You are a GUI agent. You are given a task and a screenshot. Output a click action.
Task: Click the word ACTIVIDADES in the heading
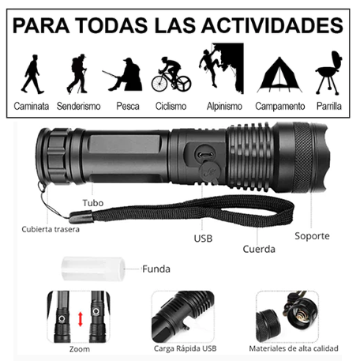(x=272, y=25)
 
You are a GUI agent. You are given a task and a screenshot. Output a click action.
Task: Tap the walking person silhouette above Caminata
(x=32, y=74)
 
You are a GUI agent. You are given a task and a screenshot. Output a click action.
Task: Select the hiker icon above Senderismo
(x=77, y=74)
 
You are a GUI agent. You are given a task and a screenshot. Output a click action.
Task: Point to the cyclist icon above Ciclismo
(x=171, y=74)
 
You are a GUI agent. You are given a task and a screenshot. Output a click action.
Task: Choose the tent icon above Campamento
(x=279, y=75)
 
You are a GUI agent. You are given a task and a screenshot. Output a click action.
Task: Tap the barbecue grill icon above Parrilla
(x=329, y=73)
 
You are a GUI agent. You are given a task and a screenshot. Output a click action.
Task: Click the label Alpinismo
(x=224, y=107)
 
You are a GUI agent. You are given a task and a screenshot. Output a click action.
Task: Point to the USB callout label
(x=203, y=239)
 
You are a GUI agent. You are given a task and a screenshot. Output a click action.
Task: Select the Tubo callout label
(x=93, y=203)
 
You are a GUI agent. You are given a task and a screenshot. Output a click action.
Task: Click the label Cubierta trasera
(x=51, y=229)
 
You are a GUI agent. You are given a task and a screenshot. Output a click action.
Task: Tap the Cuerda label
(x=259, y=249)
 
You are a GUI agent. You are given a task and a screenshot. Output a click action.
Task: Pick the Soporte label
(x=312, y=236)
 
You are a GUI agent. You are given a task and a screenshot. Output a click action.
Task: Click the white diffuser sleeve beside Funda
(x=93, y=269)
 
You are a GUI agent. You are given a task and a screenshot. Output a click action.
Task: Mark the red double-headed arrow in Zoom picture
(x=81, y=319)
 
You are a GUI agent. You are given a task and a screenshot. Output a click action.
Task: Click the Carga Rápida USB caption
(x=186, y=349)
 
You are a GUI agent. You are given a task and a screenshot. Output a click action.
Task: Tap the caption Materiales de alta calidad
(x=294, y=348)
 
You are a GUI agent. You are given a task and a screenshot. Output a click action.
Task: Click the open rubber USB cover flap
(x=210, y=172)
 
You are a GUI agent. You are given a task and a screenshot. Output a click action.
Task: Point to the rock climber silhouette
(x=209, y=67)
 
